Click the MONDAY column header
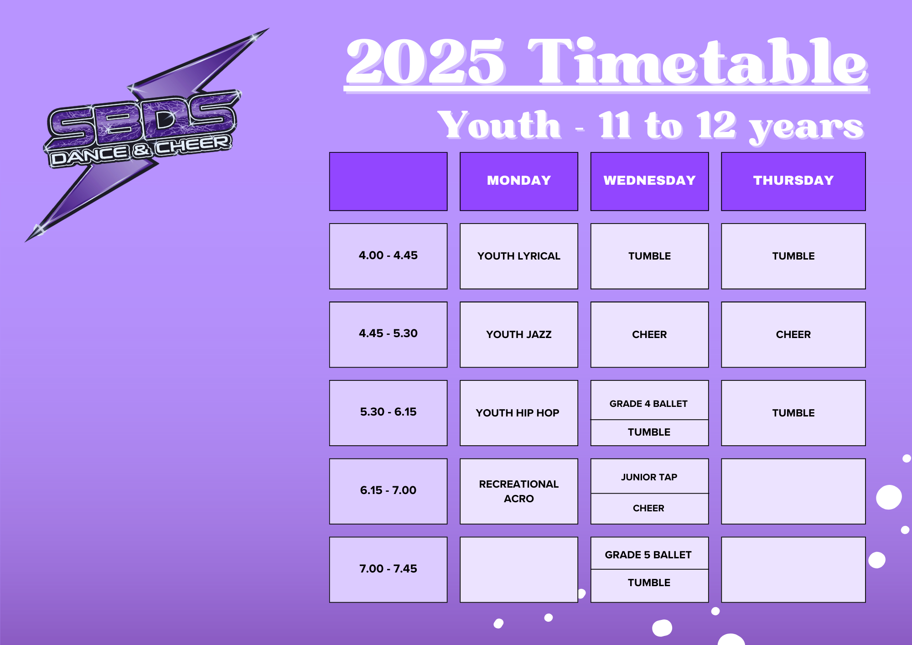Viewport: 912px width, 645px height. (x=519, y=181)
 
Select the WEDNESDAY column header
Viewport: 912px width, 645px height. (x=649, y=181)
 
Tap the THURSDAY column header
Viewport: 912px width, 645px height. (x=793, y=181)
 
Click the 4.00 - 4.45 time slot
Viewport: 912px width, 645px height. (x=388, y=256)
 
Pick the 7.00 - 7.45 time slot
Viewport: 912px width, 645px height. (x=388, y=569)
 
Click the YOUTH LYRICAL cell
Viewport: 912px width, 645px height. (x=519, y=256)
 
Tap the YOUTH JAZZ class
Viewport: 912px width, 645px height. (x=519, y=334)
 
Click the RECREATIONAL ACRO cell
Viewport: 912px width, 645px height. (x=519, y=491)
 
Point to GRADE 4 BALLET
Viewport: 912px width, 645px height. (x=648, y=404)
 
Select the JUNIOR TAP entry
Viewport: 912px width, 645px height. (x=649, y=477)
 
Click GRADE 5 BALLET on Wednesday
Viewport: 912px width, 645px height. (x=648, y=555)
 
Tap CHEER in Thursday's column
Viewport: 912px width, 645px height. (x=793, y=334)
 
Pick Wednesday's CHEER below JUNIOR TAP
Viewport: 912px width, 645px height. (x=648, y=508)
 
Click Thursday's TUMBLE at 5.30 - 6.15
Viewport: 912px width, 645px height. (x=793, y=413)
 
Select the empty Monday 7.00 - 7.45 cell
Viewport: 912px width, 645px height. (x=519, y=569)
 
